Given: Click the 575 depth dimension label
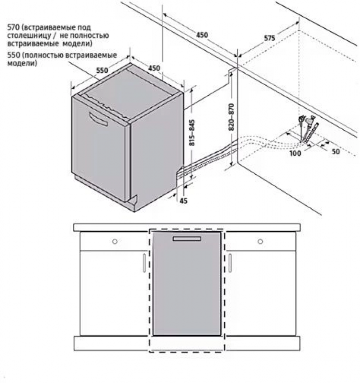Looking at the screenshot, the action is [270, 38].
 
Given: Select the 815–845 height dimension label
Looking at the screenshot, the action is [192, 133].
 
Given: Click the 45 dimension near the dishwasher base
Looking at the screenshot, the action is [183, 201].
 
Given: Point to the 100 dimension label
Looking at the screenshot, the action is [295, 153].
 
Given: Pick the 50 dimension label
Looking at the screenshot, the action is [336, 151].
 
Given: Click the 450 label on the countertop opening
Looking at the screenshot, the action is [202, 35].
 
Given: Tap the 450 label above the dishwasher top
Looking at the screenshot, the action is [154, 68].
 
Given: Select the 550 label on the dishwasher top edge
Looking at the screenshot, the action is [102, 70].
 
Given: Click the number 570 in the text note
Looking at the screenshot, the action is [13, 27].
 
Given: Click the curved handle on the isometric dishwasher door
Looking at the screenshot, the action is [99, 119].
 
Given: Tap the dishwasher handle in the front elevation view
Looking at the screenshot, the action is [187, 238].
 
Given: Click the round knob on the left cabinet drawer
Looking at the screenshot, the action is [115, 242].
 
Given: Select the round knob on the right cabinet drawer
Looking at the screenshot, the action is [260, 242].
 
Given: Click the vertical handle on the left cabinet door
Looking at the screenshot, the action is [145, 263].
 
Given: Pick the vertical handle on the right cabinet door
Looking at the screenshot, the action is [230, 263].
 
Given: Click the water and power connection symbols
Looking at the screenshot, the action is [308, 128].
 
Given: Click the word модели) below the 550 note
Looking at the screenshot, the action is [22, 64].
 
